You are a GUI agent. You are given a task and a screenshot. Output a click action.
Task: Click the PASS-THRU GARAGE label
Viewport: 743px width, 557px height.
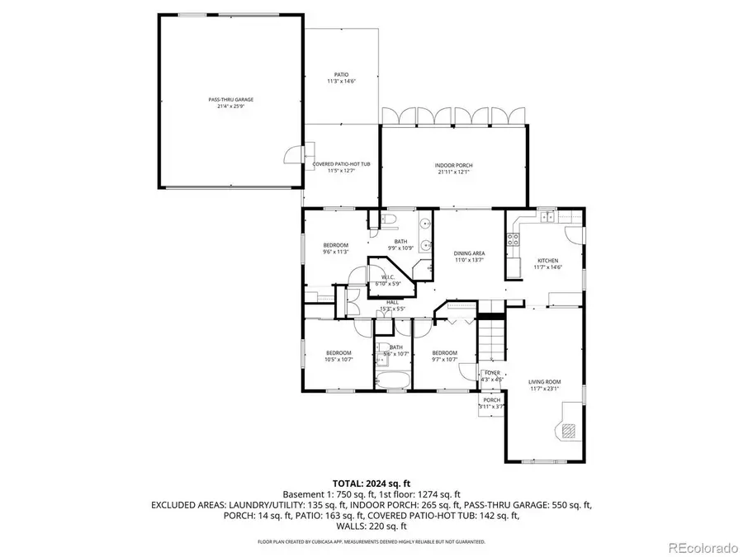[230, 99]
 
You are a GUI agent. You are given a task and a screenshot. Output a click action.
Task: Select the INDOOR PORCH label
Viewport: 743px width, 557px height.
[453, 166]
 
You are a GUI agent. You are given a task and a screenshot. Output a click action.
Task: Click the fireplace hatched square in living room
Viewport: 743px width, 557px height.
[569, 428]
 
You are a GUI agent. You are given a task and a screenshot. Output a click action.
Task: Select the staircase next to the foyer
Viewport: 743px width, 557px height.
[492, 340]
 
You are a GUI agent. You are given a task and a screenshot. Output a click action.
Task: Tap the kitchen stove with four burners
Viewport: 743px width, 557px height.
[513, 240]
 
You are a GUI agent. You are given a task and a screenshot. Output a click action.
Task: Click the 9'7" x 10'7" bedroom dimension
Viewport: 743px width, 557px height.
[445, 360]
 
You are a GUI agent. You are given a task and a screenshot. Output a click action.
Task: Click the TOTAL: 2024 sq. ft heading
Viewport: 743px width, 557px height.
[371, 483]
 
